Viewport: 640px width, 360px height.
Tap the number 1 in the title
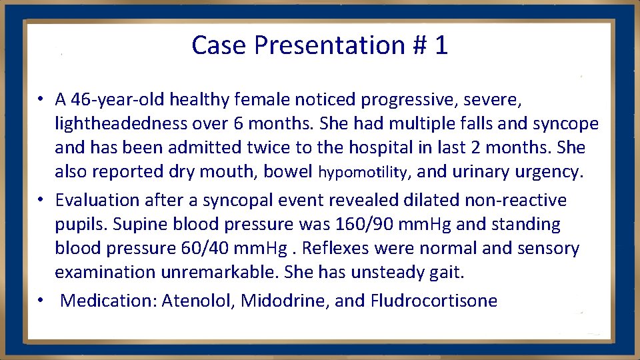click(440, 45)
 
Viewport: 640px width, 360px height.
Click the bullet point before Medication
click(41, 301)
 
